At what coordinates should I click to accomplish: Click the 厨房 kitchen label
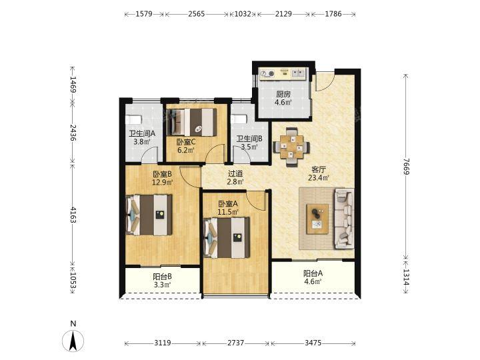283,94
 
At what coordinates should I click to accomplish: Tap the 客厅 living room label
319,169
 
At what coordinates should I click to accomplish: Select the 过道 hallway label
235,174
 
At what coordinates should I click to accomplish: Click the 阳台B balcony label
162,277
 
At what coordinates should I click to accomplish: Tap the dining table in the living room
291,147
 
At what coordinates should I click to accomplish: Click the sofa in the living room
345,218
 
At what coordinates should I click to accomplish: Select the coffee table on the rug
317,219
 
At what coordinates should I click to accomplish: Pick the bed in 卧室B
149,215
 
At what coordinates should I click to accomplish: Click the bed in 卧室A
227,237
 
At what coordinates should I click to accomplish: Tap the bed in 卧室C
191,122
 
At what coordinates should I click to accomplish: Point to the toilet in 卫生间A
133,119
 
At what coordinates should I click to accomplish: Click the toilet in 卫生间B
239,119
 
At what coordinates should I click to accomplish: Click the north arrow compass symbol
73,341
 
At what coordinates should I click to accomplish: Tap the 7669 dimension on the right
406,167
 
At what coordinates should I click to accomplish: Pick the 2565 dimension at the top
197,14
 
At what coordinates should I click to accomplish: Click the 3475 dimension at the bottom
313,343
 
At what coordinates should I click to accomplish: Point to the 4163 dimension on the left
73,215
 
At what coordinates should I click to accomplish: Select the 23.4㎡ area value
319,178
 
